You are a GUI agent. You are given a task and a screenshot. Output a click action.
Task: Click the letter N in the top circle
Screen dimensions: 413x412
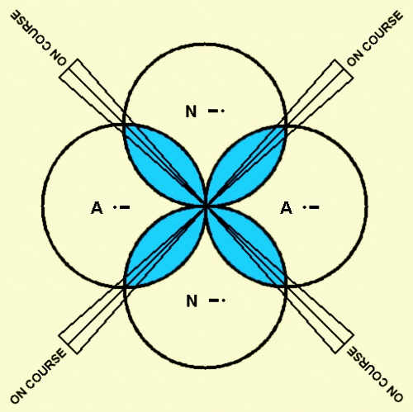(191, 111)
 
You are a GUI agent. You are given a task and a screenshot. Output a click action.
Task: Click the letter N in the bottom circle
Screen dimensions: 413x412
(192, 301)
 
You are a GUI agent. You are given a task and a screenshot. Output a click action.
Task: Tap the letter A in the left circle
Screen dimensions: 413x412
(97, 208)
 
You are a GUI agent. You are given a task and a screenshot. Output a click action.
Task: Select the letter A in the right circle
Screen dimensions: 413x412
(286, 208)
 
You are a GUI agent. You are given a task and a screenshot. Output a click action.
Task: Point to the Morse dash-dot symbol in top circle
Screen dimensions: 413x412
(216, 111)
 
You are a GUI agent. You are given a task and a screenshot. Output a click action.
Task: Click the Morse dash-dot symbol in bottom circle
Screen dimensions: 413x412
(217, 301)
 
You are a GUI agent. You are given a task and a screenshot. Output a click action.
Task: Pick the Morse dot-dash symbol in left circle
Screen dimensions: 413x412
(121, 207)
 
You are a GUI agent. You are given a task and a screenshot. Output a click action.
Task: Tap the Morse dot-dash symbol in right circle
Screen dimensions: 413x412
(311, 207)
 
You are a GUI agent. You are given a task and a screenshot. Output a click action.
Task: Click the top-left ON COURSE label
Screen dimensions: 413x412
(39, 38)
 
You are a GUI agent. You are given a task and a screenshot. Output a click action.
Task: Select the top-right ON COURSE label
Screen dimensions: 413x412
(375, 38)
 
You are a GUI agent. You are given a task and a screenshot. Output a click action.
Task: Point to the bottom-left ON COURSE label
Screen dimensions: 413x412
(39, 375)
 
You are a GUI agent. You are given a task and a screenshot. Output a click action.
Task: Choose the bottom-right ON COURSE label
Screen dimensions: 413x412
(375, 375)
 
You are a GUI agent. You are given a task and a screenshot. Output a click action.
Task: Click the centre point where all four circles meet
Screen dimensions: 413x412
(206, 206)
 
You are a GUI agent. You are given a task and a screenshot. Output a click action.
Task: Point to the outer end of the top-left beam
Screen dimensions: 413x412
(69, 69)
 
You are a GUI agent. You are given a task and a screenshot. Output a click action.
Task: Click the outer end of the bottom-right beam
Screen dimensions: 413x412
(344, 344)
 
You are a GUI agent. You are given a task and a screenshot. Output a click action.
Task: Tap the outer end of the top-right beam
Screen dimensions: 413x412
(344, 69)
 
